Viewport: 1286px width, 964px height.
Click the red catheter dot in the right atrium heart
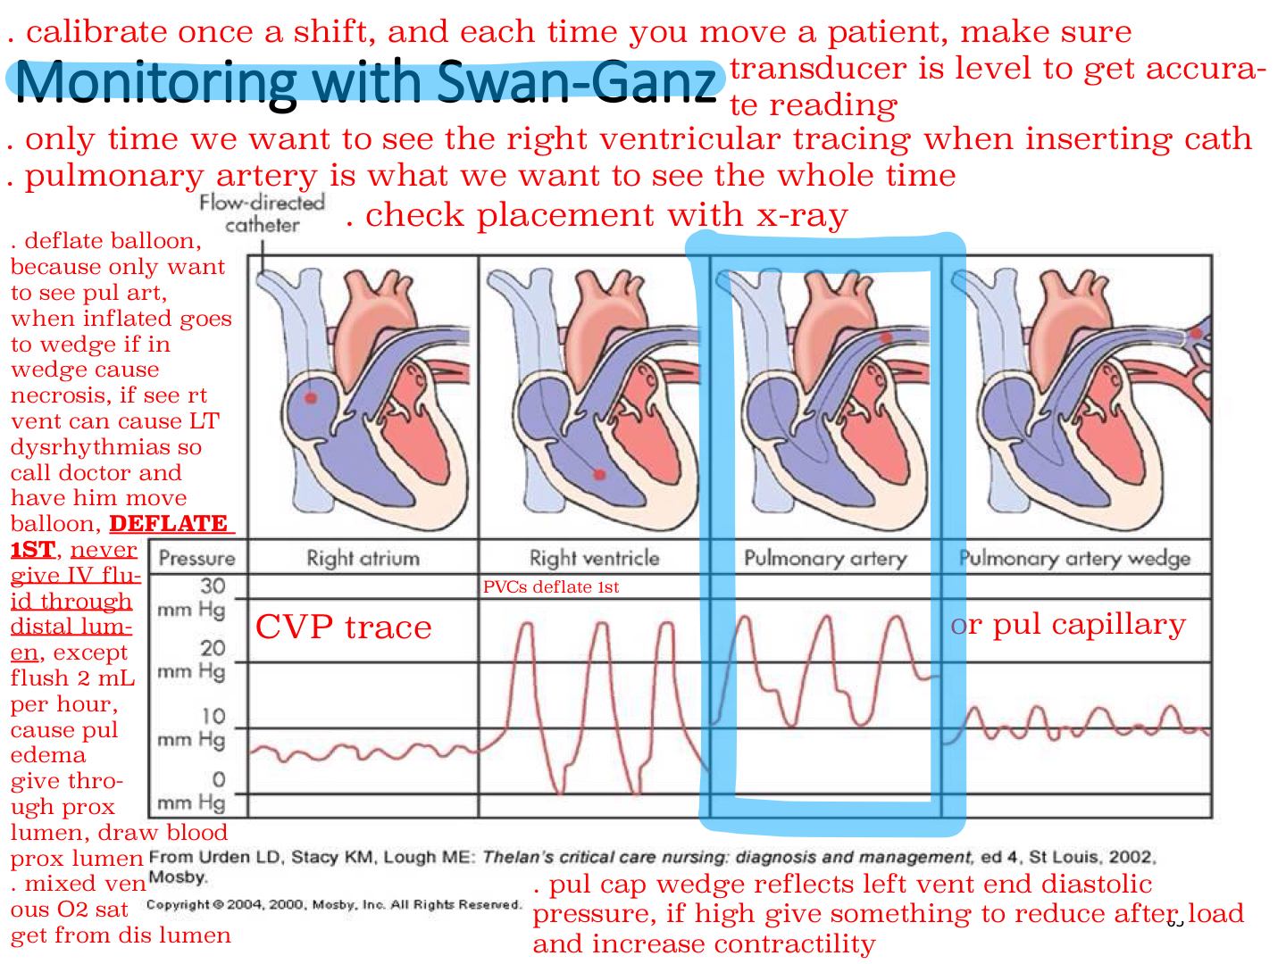[x=311, y=398]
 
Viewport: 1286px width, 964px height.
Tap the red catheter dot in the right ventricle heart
[x=599, y=475]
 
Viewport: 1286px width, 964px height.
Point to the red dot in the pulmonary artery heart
[x=887, y=337]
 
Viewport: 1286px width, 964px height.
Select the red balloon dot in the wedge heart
[x=1196, y=334]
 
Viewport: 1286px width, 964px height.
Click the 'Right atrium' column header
[x=363, y=558]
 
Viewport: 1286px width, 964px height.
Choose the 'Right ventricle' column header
[x=594, y=558]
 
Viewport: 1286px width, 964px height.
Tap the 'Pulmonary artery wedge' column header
[x=1074, y=559]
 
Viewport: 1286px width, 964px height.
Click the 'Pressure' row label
[x=196, y=558]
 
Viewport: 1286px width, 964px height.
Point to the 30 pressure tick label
[x=212, y=586]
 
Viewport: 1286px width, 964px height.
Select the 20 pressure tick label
[x=212, y=648]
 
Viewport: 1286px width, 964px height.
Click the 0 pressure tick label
[x=219, y=779]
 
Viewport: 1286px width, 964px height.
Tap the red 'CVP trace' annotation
[x=343, y=627]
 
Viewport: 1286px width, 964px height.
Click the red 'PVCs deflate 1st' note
[x=551, y=586]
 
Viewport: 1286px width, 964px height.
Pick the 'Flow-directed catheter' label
[x=262, y=213]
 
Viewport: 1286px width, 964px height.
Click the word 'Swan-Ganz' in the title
[x=577, y=82]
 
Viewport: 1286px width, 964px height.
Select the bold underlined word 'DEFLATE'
[x=168, y=523]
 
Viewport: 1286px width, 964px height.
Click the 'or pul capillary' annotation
[x=1068, y=625]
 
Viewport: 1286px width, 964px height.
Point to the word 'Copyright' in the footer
[x=178, y=905]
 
